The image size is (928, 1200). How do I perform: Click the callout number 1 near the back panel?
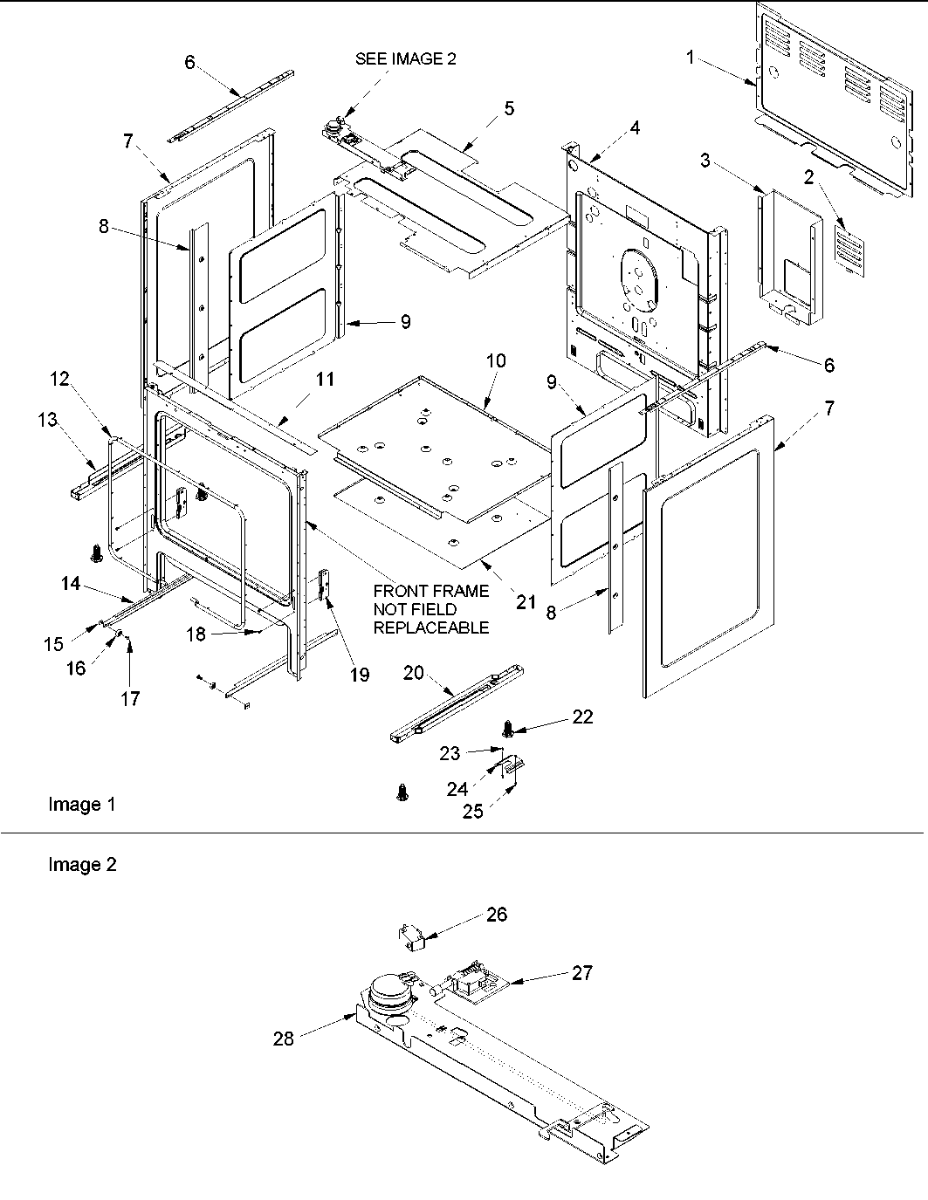click(x=691, y=58)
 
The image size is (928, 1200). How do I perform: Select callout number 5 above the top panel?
click(x=509, y=109)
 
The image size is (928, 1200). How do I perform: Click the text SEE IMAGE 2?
click(x=405, y=59)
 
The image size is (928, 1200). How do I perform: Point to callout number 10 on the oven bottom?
click(x=496, y=360)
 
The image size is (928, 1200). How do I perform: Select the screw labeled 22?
click(x=505, y=727)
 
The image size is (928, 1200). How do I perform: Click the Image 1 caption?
click(x=81, y=805)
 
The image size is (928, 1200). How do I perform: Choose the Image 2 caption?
click(x=82, y=865)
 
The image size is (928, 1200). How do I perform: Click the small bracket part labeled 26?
click(x=410, y=937)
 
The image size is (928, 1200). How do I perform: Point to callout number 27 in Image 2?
click(x=582, y=972)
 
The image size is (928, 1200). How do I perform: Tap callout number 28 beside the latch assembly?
click(x=283, y=1038)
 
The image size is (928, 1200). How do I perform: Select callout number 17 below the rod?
click(x=130, y=698)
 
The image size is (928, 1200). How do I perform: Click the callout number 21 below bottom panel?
click(x=526, y=602)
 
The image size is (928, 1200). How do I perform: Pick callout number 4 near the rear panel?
click(x=635, y=127)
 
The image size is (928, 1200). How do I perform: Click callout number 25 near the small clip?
click(x=472, y=812)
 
